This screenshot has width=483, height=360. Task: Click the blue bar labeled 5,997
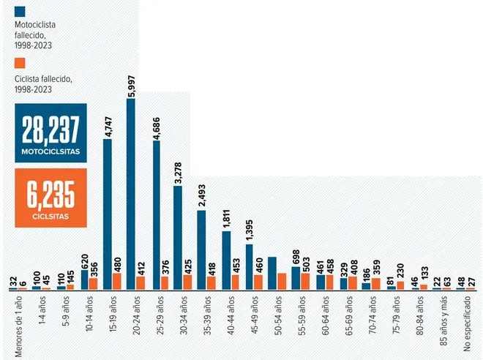tap(131, 194)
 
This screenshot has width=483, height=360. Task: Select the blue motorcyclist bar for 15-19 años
tap(108, 214)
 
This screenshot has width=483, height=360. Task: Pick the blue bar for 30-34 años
tap(178, 238)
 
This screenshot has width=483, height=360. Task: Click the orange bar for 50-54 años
tap(282, 282)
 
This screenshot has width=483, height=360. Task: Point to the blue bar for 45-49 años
tap(249, 267)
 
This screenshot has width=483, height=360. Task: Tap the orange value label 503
tap(306, 263)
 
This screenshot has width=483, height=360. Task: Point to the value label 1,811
tap(225, 218)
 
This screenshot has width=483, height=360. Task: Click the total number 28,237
tap(50, 132)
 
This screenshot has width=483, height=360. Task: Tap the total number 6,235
tap(50, 197)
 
